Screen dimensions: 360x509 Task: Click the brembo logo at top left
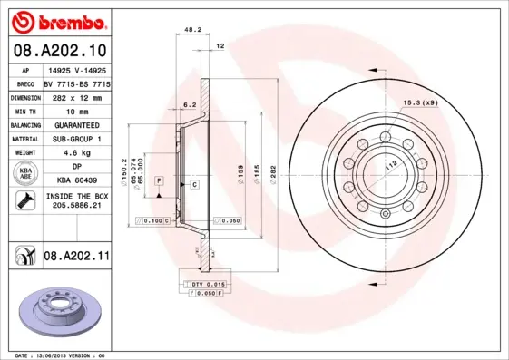[x=57, y=20]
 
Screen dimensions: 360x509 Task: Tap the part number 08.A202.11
[x=76, y=258]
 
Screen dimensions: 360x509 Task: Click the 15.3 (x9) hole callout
[x=420, y=103]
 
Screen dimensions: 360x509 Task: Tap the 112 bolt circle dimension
[x=392, y=164]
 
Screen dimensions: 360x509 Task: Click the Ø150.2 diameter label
[x=123, y=170]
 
